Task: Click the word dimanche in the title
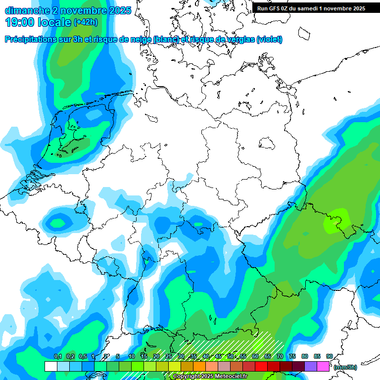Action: click(x=26, y=10)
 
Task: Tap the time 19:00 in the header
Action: click(x=20, y=22)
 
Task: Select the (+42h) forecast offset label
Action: click(x=86, y=22)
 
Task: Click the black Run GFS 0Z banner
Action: click(x=311, y=8)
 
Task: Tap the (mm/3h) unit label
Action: click(x=345, y=367)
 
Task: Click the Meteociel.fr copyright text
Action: click(x=210, y=377)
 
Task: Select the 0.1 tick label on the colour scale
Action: click(x=57, y=356)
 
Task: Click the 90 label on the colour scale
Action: click(x=330, y=356)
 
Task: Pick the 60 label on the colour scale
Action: click(x=255, y=356)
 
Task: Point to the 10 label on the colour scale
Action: click(x=132, y=356)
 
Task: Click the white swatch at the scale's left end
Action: click(x=51, y=366)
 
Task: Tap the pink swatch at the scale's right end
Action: click(x=323, y=366)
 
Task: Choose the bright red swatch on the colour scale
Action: click(x=261, y=366)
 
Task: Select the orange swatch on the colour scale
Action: click(x=199, y=366)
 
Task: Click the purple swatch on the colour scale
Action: click(x=311, y=366)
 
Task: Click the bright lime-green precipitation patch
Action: click(x=336, y=220)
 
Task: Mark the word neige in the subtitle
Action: click(x=141, y=40)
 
